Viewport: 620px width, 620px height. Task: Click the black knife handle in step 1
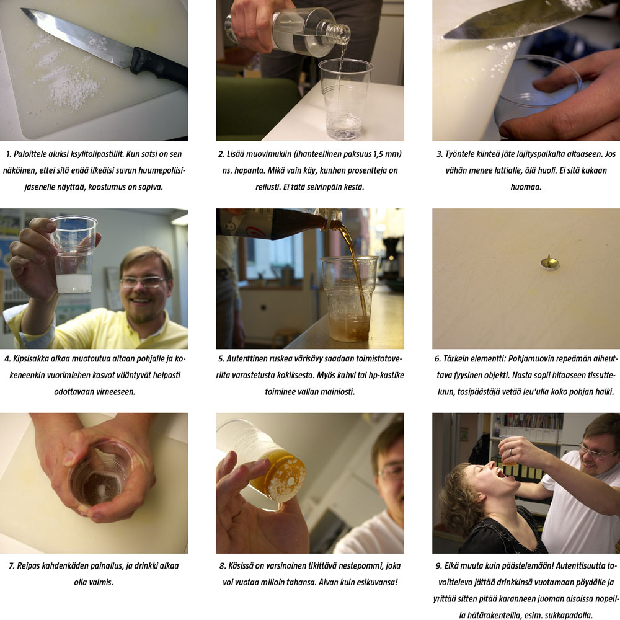[x=158, y=66]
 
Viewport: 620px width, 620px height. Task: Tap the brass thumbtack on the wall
[x=549, y=262]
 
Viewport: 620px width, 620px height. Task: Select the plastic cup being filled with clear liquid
[x=345, y=99]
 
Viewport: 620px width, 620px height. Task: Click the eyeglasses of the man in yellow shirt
[x=144, y=281]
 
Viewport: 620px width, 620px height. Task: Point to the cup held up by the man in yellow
[x=74, y=254]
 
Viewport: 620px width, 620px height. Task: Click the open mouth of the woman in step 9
[x=500, y=472]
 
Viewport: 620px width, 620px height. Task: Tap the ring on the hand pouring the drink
[x=510, y=451]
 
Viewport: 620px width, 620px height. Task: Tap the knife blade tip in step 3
[x=445, y=37]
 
